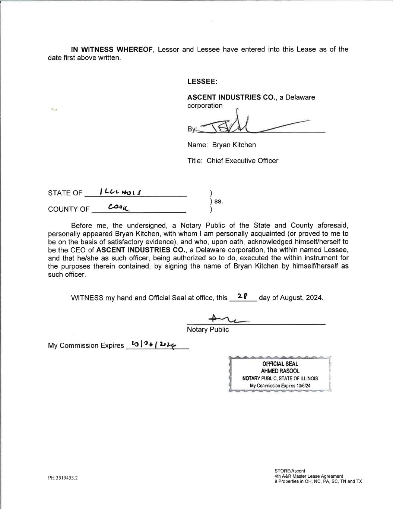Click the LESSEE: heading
coord(202,81)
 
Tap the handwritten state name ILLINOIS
coord(121,192)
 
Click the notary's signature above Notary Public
coord(229,319)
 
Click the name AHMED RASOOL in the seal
coord(280,371)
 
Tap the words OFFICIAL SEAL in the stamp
coord(280,364)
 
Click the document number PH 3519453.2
coord(63,478)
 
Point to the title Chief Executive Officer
coord(243,161)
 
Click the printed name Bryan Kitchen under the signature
coord(234,145)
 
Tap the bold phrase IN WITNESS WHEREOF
coord(112,50)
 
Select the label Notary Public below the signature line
coord(208,330)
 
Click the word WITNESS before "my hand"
coord(87,298)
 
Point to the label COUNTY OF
coord(69,209)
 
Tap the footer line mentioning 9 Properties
coord(318,481)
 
